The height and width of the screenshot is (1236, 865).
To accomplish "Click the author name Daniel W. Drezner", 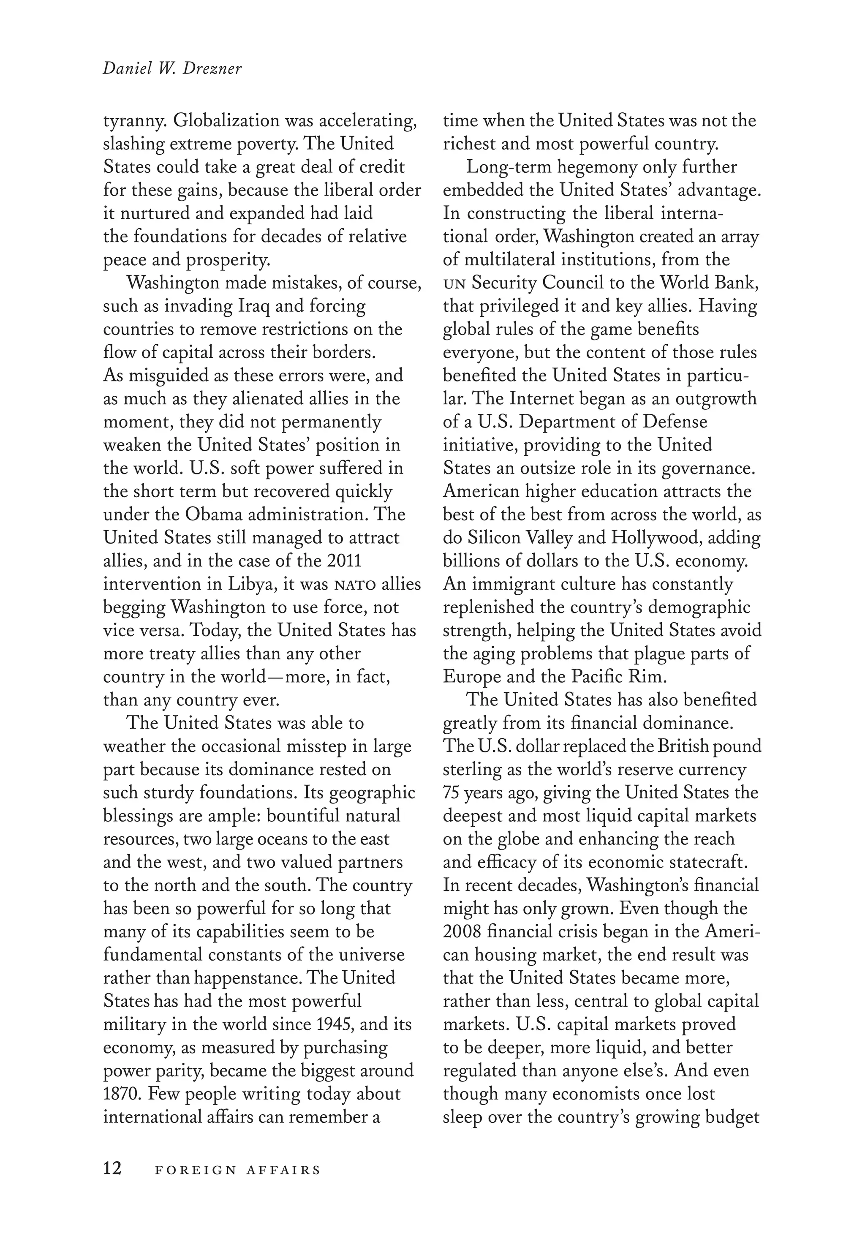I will [x=172, y=69].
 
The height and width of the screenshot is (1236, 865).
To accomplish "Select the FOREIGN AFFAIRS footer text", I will [x=237, y=1169].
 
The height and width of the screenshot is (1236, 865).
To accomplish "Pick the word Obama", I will [x=212, y=514].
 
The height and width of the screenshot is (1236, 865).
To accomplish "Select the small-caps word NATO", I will [x=355, y=585].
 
